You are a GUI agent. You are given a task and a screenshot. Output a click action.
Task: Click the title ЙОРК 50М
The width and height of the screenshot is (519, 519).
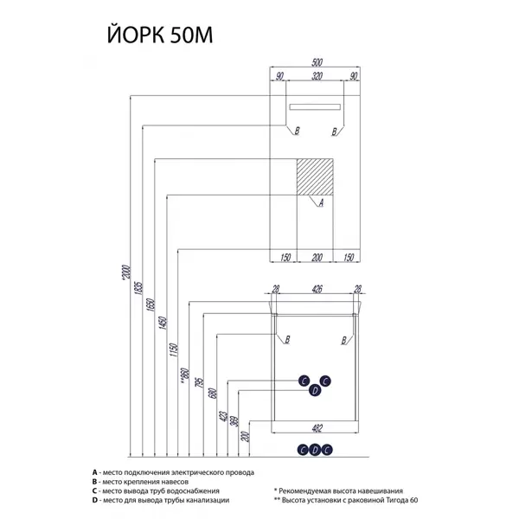[x=157, y=37]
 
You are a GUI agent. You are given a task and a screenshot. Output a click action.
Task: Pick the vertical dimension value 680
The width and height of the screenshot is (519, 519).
[x=214, y=394]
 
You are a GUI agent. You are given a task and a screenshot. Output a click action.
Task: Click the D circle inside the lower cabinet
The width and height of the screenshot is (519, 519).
[x=315, y=390]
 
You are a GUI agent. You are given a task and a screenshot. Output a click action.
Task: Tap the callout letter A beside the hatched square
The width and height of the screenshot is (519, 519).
[x=321, y=203]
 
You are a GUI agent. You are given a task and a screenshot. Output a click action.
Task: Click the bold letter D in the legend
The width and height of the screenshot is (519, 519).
[x=94, y=500]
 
